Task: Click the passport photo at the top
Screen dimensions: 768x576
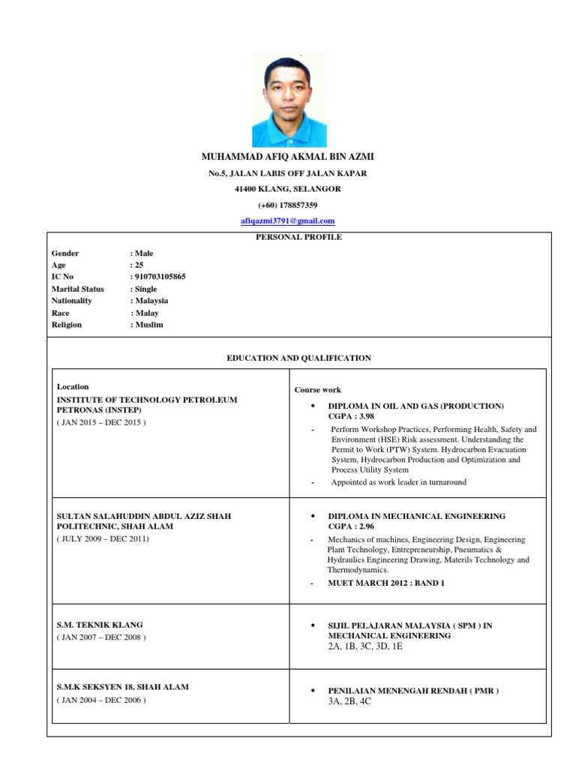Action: pos(289,100)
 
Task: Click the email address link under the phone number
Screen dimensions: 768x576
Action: pos(287,221)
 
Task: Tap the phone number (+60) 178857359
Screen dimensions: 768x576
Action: pos(287,205)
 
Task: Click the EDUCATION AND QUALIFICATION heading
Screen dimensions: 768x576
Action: pos(298,358)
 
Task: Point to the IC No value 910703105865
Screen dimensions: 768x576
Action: pos(160,277)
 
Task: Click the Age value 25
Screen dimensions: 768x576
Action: pos(139,265)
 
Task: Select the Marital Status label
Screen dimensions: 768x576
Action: pos(77,289)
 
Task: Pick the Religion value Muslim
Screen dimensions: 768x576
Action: pos(148,325)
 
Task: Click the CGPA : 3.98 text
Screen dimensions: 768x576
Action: pos(351,415)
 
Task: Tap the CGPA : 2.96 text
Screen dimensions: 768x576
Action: pos(351,526)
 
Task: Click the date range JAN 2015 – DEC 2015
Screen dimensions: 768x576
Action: pos(101,422)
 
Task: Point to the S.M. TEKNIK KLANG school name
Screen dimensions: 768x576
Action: pos(100,625)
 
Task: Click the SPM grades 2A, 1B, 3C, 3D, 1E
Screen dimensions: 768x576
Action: pos(365,646)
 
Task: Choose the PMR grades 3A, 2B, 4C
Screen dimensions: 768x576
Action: pos(349,700)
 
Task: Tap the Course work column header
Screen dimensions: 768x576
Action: pos(317,390)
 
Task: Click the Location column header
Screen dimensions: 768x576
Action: pos(73,387)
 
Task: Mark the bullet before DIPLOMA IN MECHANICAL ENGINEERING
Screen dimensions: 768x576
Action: pos(311,517)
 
